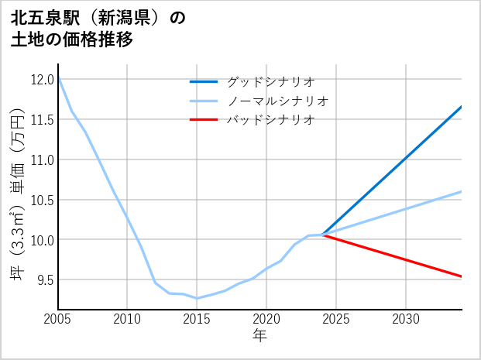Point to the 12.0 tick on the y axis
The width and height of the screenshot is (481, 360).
pos(42,79)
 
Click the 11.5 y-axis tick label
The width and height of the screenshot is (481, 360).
pos(42,119)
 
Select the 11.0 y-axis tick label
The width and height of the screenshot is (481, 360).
pos(42,159)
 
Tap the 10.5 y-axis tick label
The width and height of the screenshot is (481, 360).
pos(42,200)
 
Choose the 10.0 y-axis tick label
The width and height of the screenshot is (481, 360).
pos(42,240)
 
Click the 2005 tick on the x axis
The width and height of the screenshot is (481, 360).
pos(58,319)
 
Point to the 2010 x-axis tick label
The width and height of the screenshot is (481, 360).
pos(128,319)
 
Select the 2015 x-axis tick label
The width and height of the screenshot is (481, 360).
pos(197,319)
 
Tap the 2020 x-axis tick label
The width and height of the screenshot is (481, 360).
pos(266,319)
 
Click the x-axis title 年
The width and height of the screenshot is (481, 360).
pos(259,336)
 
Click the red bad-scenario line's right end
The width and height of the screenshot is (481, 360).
pos(461,276)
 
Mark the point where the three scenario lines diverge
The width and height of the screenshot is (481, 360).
pos(322,235)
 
